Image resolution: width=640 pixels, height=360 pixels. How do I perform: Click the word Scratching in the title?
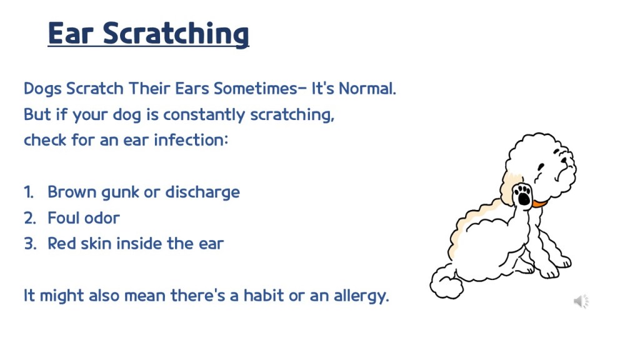click(176, 34)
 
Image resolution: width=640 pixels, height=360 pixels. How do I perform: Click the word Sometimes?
click(256, 89)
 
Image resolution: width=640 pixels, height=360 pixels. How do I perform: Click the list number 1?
click(29, 192)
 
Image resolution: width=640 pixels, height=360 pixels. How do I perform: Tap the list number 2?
click(30, 218)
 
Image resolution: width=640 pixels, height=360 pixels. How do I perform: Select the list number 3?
click(30, 244)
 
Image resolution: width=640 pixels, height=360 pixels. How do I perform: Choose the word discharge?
click(202, 192)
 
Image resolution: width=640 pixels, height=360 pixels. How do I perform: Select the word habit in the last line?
click(264, 296)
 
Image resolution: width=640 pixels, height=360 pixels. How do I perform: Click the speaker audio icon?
click(581, 302)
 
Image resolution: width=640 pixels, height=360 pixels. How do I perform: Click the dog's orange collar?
click(539, 203)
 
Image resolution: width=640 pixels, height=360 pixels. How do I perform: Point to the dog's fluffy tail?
click(446, 282)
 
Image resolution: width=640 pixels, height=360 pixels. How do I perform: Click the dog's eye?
click(541, 166)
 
